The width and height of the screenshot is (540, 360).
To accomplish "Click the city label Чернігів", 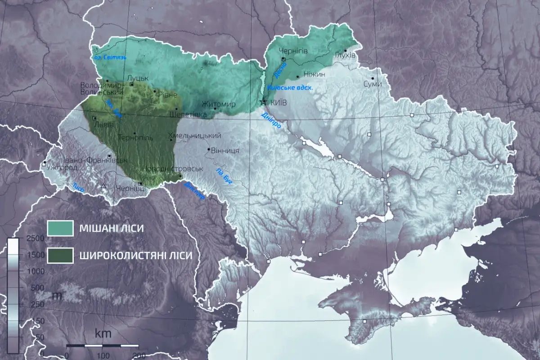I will pos(293,51).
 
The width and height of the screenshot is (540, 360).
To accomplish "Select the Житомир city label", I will pos(219,104).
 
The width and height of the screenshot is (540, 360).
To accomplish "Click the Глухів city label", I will pos(345,55).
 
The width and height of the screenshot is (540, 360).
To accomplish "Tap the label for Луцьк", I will pos(135,77).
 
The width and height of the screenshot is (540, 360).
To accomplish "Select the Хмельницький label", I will pos(194,135).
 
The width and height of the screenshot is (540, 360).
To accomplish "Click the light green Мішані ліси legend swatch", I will pos(60,228).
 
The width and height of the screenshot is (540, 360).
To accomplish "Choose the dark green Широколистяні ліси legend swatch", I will pos(60,255).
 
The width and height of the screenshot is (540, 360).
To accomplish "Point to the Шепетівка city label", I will pos(187,114).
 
